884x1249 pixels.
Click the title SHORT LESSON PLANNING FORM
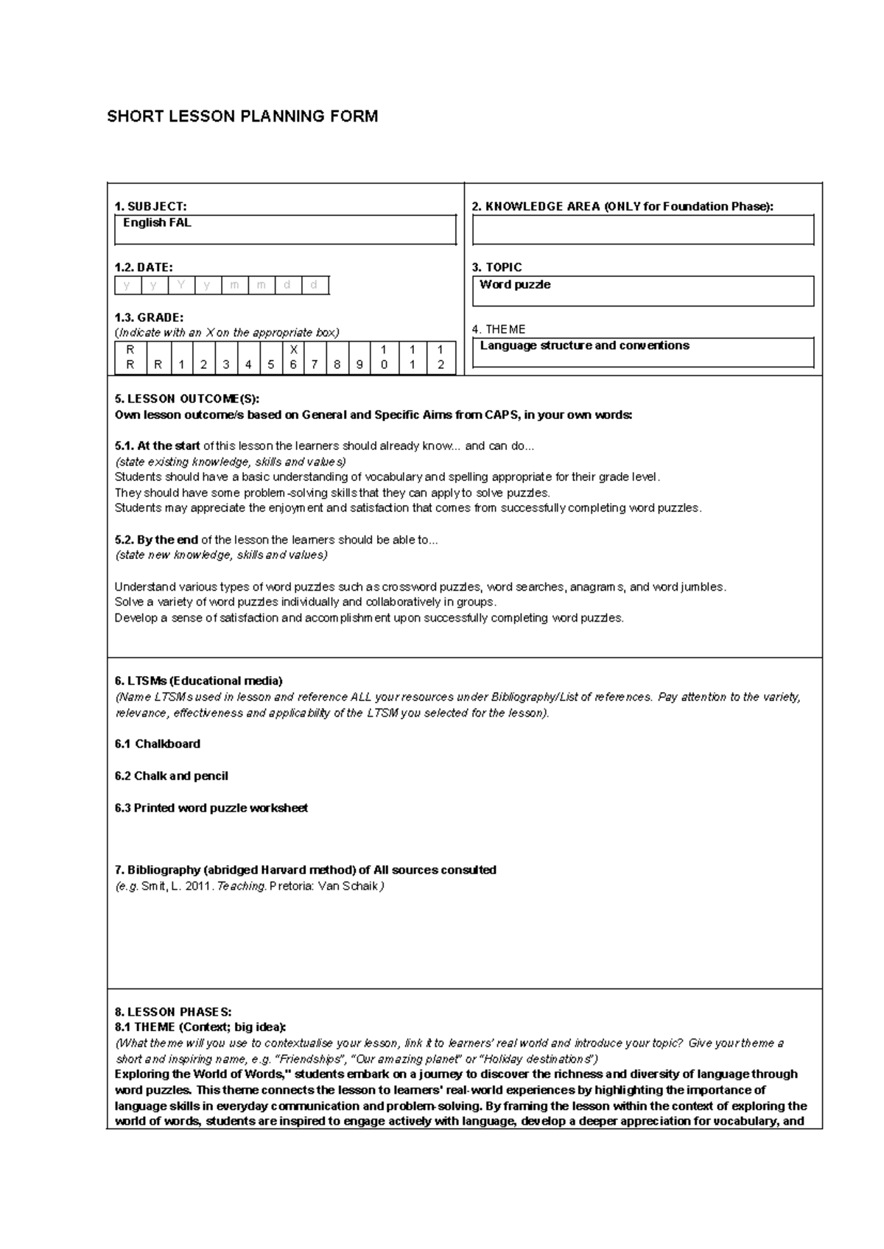click(x=242, y=116)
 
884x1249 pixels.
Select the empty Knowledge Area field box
click(x=642, y=230)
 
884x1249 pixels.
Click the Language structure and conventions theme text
click(x=584, y=346)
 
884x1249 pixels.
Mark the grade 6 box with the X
click(x=293, y=357)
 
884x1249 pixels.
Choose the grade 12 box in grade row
click(x=441, y=357)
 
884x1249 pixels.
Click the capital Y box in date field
click(x=181, y=285)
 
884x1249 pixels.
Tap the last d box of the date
click(x=315, y=285)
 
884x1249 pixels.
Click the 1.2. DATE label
click(x=144, y=267)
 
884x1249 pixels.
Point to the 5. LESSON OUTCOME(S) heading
click(x=187, y=399)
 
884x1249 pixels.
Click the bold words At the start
click(x=158, y=446)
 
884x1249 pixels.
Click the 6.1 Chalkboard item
click(x=158, y=744)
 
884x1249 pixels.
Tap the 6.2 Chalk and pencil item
click(x=171, y=776)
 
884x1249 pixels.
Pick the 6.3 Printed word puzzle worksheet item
click(x=211, y=808)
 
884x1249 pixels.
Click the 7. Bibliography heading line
click(x=305, y=870)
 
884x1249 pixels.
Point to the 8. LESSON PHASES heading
click(x=173, y=1012)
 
